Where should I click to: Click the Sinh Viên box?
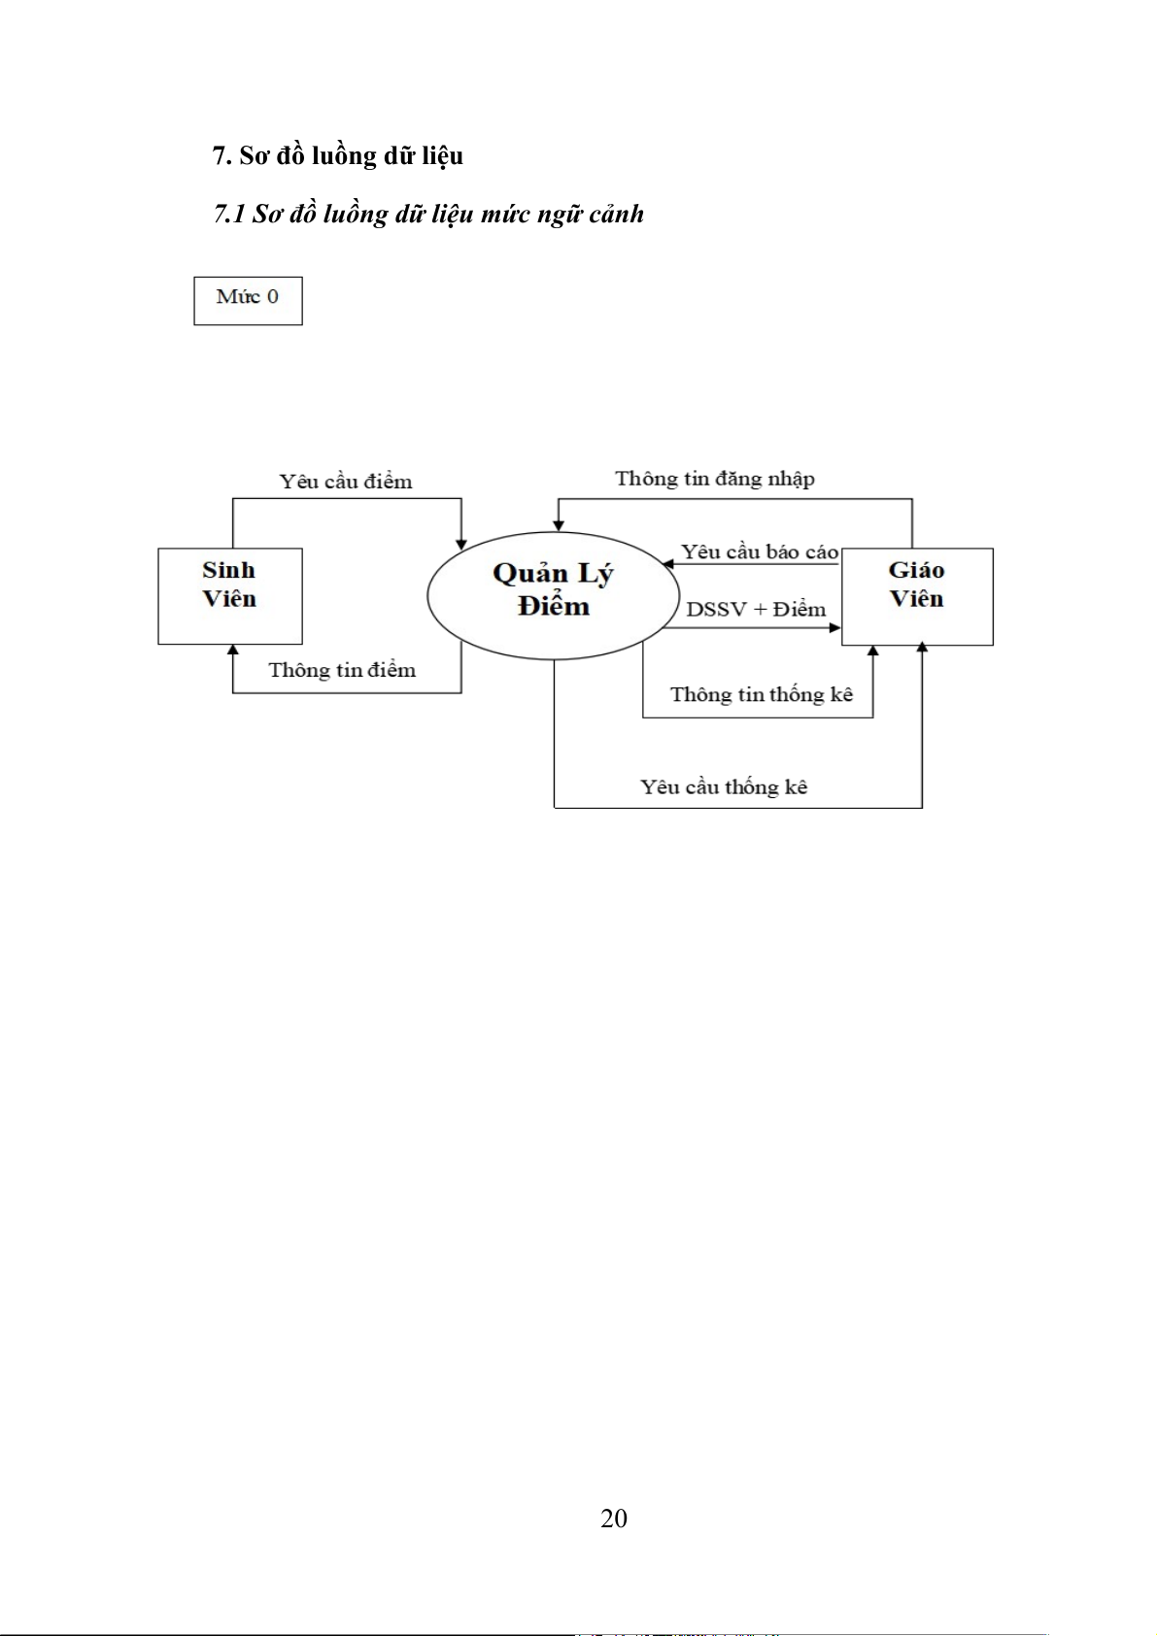coord(229,595)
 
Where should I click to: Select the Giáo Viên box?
coord(916,595)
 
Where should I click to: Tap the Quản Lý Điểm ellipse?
coord(553,594)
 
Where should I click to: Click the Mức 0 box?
coord(248,300)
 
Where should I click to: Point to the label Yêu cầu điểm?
coord(346,482)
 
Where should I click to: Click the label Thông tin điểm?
coord(342,670)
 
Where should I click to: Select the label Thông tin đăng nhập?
coord(715,479)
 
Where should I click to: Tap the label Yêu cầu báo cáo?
coord(759,552)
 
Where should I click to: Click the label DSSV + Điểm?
coord(756,610)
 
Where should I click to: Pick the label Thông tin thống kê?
coord(762,694)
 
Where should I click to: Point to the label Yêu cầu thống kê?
coord(724,786)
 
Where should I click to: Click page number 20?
coord(614,1519)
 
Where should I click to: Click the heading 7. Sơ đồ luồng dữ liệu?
coord(337,155)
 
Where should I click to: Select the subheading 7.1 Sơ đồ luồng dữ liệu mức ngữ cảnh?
coord(428,214)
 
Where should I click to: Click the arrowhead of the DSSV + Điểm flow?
coord(834,628)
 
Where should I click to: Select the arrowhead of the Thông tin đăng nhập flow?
coord(559,524)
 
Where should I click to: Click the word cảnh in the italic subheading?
coord(616,214)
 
